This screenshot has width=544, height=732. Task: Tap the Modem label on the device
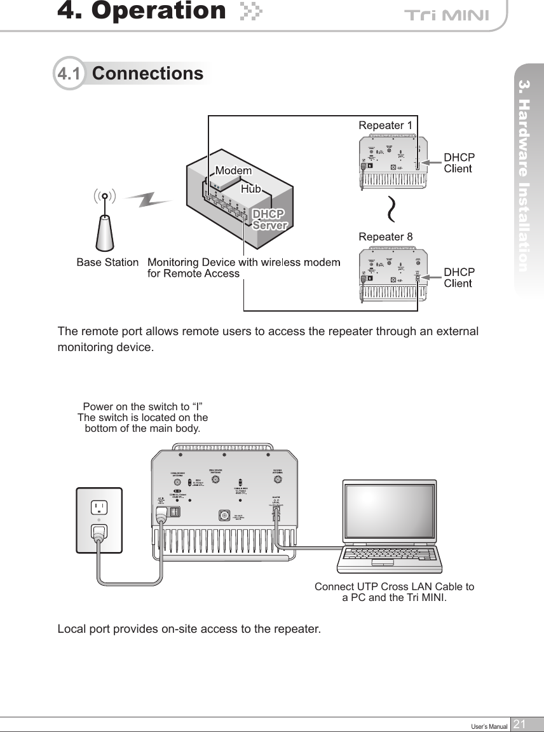(233, 171)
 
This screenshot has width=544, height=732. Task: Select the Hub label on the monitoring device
(251, 190)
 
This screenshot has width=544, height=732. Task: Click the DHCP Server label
(270, 218)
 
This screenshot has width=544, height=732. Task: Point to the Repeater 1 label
(386, 125)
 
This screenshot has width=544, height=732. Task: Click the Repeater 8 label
(386, 237)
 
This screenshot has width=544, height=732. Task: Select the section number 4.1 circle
(69, 74)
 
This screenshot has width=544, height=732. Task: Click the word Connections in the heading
(147, 74)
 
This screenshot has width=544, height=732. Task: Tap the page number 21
(520, 724)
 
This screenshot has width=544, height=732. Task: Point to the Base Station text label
(107, 262)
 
